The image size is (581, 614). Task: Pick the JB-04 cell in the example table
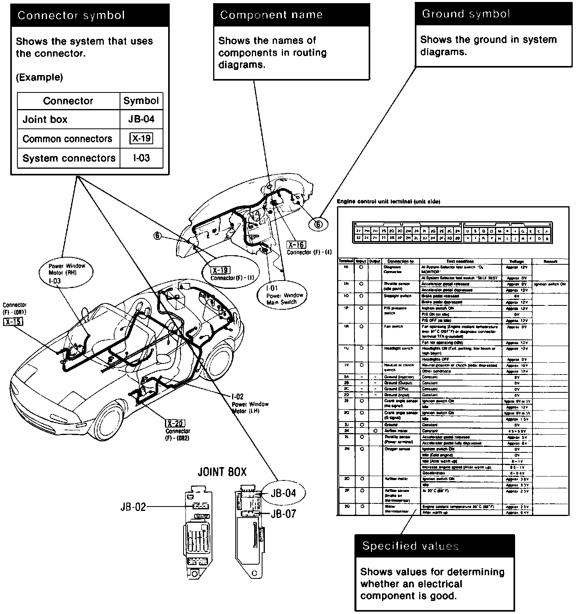coord(141,119)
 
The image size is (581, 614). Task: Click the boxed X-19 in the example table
coord(141,139)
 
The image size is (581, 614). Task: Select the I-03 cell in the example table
coord(141,158)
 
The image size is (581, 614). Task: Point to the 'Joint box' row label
coord(45,119)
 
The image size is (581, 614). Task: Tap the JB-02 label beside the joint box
coord(133,507)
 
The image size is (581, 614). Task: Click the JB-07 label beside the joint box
coord(283,514)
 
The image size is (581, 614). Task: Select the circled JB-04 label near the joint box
coord(283,493)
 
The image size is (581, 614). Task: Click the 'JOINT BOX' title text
coord(222,472)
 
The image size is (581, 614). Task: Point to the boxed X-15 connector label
coord(13,322)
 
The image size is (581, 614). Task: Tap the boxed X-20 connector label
coord(175,424)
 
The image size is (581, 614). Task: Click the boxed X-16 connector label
coord(297,245)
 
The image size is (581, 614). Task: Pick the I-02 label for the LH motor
coord(238,397)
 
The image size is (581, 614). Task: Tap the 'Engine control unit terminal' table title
coord(388,202)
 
